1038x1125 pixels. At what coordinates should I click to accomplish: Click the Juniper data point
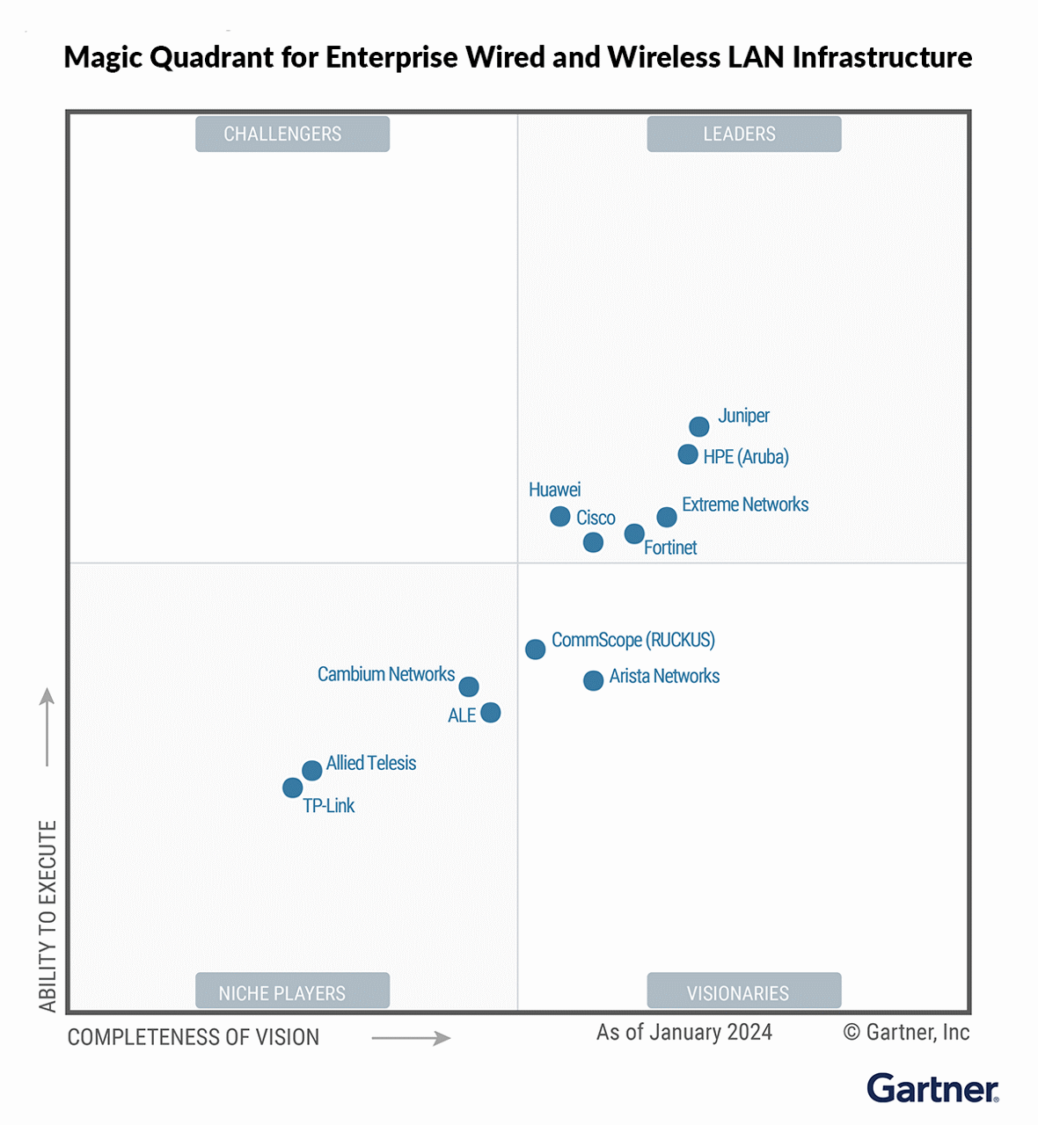(x=699, y=427)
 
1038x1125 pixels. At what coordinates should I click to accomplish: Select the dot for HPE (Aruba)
(x=688, y=454)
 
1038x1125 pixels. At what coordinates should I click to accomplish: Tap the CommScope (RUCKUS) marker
(x=535, y=650)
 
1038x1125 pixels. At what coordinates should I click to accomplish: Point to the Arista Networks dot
(x=594, y=680)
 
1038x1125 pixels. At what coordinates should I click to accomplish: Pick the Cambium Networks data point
(x=469, y=686)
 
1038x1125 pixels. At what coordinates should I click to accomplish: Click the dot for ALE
(x=491, y=713)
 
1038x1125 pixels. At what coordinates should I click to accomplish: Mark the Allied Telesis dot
(x=312, y=771)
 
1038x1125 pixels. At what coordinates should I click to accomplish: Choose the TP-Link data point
(x=293, y=788)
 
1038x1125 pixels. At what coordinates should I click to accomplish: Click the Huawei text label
(x=554, y=490)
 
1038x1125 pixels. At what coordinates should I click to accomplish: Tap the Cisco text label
(x=596, y=518)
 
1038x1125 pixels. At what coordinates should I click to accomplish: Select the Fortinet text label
(x=670, y=548)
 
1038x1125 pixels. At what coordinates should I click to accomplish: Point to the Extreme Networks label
(x=745, y=504)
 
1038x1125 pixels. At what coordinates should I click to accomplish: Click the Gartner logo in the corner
(x=932, y=1088)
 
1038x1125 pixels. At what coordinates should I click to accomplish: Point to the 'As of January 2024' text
(x=684, y=1032)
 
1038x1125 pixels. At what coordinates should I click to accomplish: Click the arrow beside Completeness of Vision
(x=411, y=1038)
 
